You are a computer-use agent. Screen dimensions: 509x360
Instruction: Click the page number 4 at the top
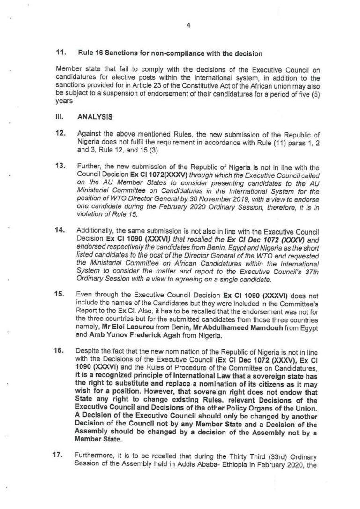pos(188,26)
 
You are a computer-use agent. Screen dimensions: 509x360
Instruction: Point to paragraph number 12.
pos(61,133)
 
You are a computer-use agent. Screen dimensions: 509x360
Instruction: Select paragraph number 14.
pos(61,232)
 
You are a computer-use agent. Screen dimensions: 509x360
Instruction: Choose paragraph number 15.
pos(61,296)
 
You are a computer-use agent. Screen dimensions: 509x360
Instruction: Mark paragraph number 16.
pos(61,344)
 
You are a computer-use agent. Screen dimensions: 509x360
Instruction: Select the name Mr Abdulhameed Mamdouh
pos(232,324)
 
